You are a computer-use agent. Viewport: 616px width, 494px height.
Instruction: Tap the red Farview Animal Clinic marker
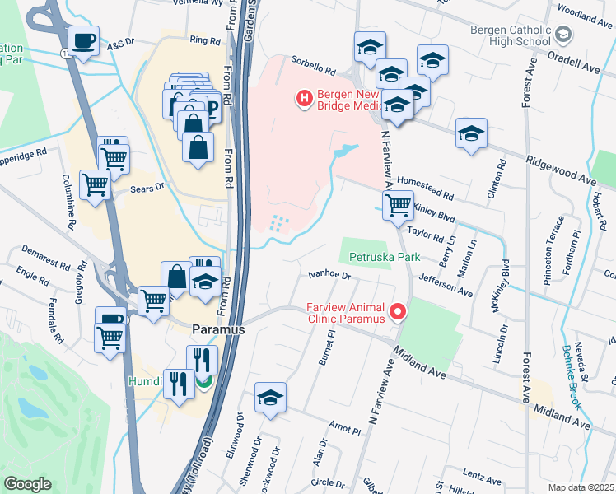point(398,311)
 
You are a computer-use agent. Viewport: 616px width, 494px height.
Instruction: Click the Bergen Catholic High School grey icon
point(562,35)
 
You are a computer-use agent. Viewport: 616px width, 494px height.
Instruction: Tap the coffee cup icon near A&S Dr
point(84,40)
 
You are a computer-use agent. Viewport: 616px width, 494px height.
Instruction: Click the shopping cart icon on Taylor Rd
point(399,205)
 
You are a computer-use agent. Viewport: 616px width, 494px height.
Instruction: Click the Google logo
point(27,484)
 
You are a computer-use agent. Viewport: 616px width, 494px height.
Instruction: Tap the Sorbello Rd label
point(314,65)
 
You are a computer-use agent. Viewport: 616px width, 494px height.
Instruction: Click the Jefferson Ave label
point(445,286)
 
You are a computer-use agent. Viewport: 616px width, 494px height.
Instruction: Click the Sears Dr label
point(148,189)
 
